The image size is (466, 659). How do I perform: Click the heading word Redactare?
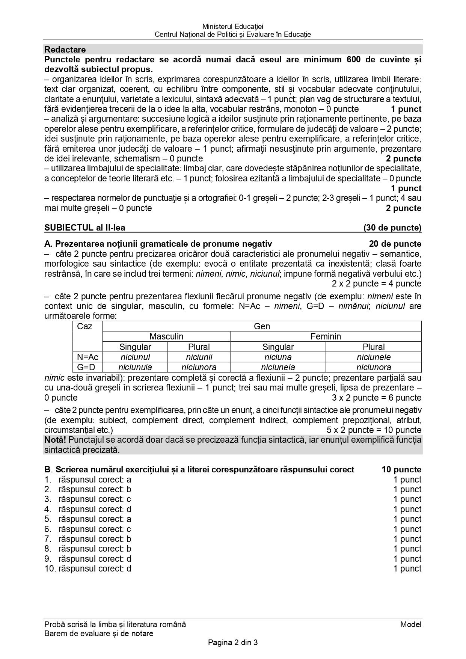point(65,50)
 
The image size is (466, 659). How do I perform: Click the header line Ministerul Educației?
point(233,26)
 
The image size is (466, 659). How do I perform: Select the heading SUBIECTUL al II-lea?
point(85,228)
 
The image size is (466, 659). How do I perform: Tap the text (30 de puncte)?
point(392,228)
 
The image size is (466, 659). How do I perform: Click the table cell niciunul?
point(135,357)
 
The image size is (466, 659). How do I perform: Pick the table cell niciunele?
point(374,357)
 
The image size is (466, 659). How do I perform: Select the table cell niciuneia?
point(278,367)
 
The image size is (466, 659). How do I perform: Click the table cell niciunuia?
point(135,367)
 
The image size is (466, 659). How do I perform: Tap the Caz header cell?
point(84,326)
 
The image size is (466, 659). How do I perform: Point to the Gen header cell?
point(262,326)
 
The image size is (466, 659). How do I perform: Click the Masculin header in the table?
point(166,336)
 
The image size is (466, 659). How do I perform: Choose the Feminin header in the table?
point(326,336)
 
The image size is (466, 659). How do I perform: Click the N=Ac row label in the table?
point(87,357)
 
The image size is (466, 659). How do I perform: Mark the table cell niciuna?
point(278,357)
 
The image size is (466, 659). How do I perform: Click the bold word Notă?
point(56,440)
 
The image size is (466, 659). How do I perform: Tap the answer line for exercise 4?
point(88,509)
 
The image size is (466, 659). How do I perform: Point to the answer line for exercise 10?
point(88,569)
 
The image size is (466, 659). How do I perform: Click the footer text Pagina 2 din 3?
point(233,642)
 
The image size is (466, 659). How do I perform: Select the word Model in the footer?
point(411,624)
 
